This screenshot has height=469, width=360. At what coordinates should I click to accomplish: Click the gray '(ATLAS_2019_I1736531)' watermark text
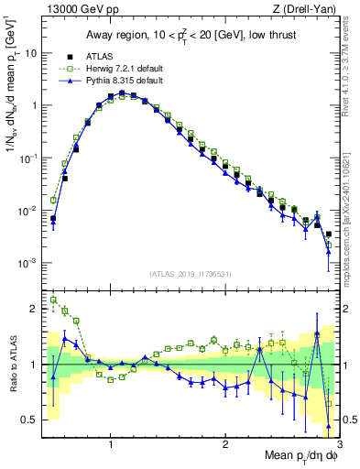(191, 274)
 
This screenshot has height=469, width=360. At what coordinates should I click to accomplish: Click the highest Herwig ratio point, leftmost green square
(53, 300)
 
